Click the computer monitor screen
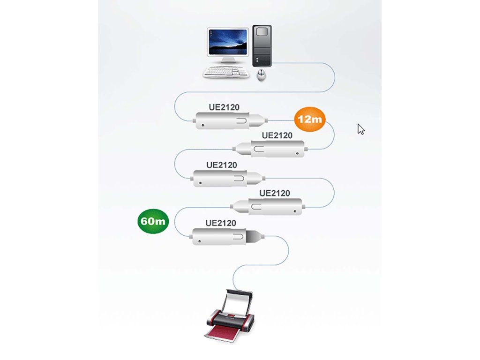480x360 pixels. (228, 43)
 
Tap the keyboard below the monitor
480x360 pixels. (224, 71)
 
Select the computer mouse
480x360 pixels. (262, 74)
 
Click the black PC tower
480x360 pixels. (262, 45)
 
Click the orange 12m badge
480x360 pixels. (310, 119)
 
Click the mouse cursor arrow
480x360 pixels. (360, 129)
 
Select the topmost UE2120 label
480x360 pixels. (224, 107)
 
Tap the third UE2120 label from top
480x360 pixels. (222, 165)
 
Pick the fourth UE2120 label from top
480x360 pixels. (274, 193)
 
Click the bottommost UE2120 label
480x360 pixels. (221, 223)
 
